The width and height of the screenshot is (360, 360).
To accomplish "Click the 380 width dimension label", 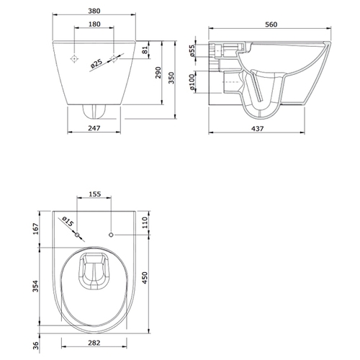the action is (x=94, y=11).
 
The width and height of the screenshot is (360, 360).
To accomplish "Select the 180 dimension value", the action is (x=94, y=24).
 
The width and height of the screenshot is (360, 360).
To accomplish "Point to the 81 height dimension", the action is (x=145, y=50).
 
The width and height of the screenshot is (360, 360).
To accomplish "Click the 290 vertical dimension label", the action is (x=158, y=73).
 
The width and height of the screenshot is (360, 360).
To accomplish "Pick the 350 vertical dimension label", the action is (x=171, y=78).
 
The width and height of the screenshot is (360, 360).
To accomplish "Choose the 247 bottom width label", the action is (x=94, y=128).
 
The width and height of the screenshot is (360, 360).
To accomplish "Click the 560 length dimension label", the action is (x=271, y=24).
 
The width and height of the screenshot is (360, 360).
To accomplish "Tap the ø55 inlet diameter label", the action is (x=192, y=50).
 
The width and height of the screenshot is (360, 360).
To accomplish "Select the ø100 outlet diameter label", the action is (x=192, y=82).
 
